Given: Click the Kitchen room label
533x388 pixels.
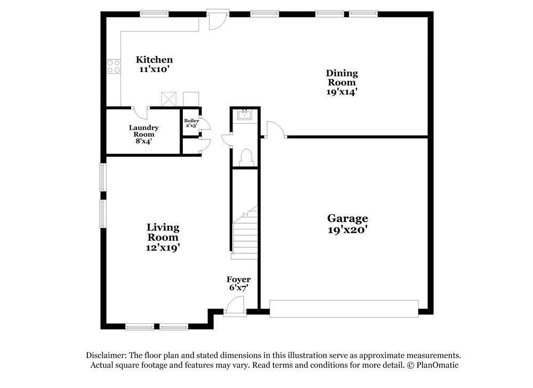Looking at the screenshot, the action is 155,60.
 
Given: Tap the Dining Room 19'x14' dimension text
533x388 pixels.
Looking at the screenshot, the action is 342,92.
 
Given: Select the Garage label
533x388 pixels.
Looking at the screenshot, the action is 348,218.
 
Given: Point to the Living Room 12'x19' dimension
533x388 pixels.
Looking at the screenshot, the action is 163,248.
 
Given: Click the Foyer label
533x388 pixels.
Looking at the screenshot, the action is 239,280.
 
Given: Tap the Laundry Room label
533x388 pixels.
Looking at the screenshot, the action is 143,131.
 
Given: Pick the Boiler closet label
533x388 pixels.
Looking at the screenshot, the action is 191,121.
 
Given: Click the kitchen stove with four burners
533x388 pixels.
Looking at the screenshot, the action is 114,66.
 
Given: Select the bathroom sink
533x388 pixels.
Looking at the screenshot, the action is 245,115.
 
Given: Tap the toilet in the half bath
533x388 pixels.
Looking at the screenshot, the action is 246,157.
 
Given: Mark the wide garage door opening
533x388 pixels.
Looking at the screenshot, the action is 344,308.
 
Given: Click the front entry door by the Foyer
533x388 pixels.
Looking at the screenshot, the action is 235,306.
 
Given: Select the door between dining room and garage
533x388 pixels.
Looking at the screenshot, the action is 276,130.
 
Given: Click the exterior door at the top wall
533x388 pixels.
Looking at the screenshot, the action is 218,19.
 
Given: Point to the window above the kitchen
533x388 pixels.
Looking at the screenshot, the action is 155,14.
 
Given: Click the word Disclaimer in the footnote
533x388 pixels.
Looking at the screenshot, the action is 107,355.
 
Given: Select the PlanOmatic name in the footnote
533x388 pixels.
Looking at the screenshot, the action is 437,365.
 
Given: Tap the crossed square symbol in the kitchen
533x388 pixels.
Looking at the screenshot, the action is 168,99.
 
